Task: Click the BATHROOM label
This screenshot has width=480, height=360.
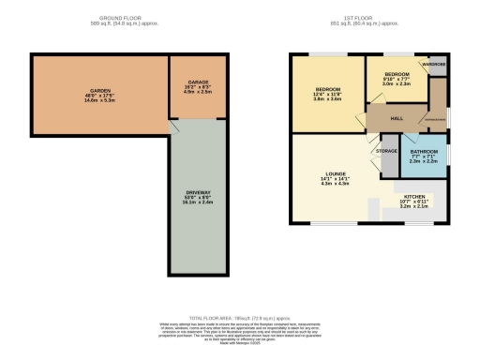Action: coord(425,151)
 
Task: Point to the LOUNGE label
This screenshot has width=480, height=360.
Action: coord(335,172)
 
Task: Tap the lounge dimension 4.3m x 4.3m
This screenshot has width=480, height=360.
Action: coord(335,183)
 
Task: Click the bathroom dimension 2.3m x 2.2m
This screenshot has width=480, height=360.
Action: coord(425,162)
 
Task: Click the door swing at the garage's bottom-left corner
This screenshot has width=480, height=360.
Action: coord(175,124)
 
